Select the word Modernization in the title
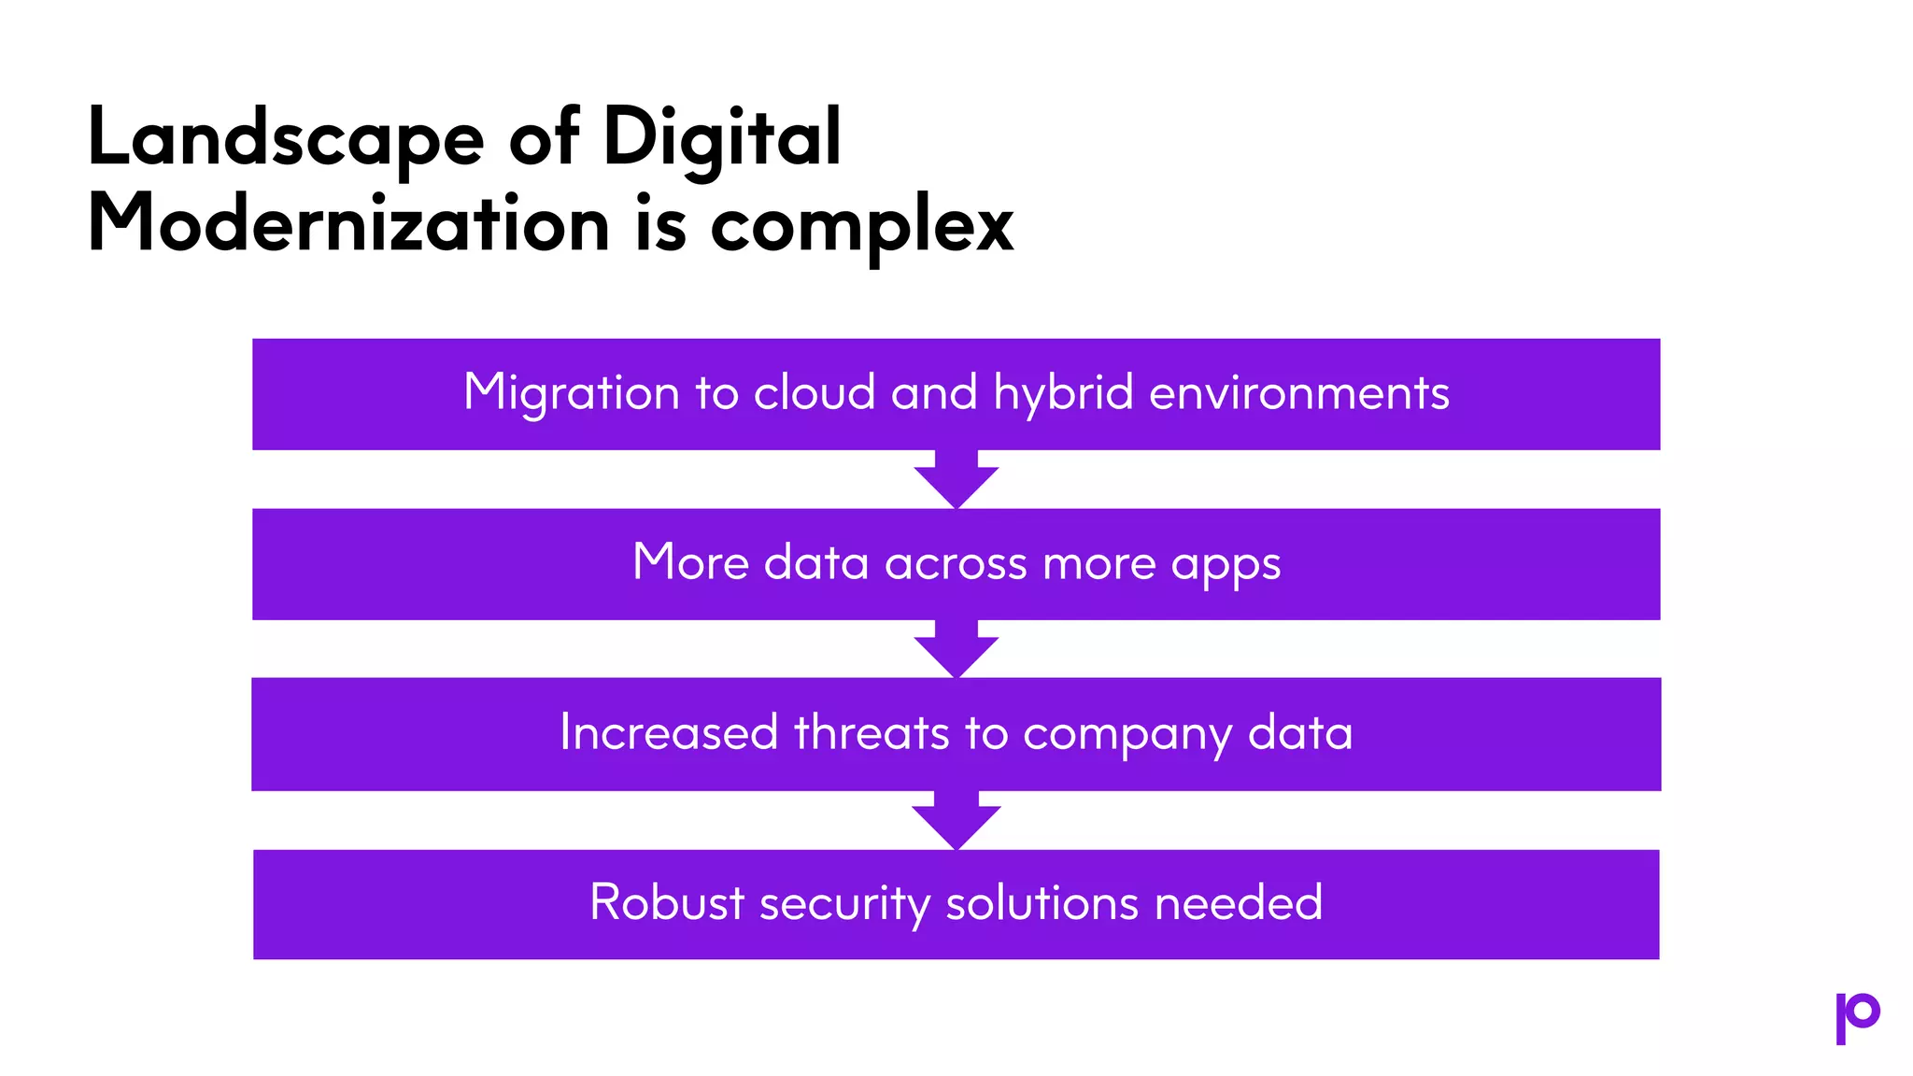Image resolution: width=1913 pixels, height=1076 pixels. tap(348, 225)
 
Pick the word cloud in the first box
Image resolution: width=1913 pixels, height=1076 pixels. tap(815, 392)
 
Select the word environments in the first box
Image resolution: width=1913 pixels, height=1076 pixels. tap(1299, 393)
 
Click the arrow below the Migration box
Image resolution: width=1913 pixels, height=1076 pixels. tap(956, 480)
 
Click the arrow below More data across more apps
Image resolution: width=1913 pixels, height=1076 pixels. tap(956, 650)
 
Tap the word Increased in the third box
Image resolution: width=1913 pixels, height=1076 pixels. tap(669, 732)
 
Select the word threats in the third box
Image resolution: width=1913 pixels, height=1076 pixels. tap(871, 732)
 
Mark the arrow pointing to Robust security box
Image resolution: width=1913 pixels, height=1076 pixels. tap(956, 821)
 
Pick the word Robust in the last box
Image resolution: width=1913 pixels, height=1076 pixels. tap(667, 903)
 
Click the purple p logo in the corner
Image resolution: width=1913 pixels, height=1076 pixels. tap(1857, 1017)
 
